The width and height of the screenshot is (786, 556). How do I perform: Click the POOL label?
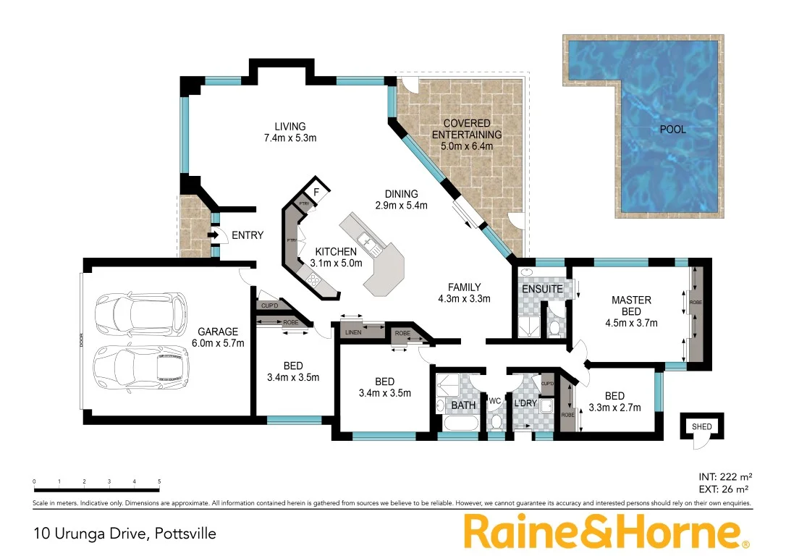(672, 130)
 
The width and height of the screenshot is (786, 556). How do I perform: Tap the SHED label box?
(701, 426)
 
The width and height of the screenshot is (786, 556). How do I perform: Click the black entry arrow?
(214, 235)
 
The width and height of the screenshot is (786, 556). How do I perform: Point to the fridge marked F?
(316, 193)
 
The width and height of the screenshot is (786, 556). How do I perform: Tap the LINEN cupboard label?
(354, 332)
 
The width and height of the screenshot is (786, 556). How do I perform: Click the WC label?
(495, 400)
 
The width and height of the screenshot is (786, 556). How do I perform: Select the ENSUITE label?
(542, 289)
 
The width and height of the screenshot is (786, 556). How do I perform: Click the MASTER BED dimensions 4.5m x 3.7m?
(630, 323)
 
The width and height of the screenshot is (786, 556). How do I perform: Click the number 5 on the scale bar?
(159, 481)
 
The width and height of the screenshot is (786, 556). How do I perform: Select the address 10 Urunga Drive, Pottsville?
(124, 534)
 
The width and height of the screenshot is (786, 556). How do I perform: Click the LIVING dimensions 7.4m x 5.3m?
(290, 138)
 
